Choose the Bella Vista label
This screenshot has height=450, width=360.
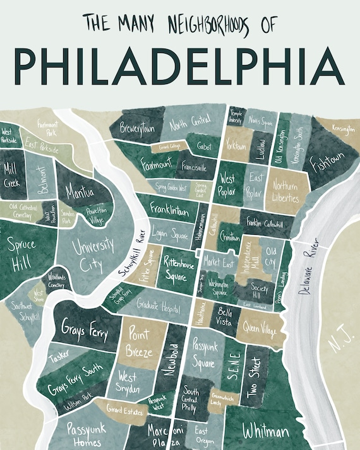(225, 316)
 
